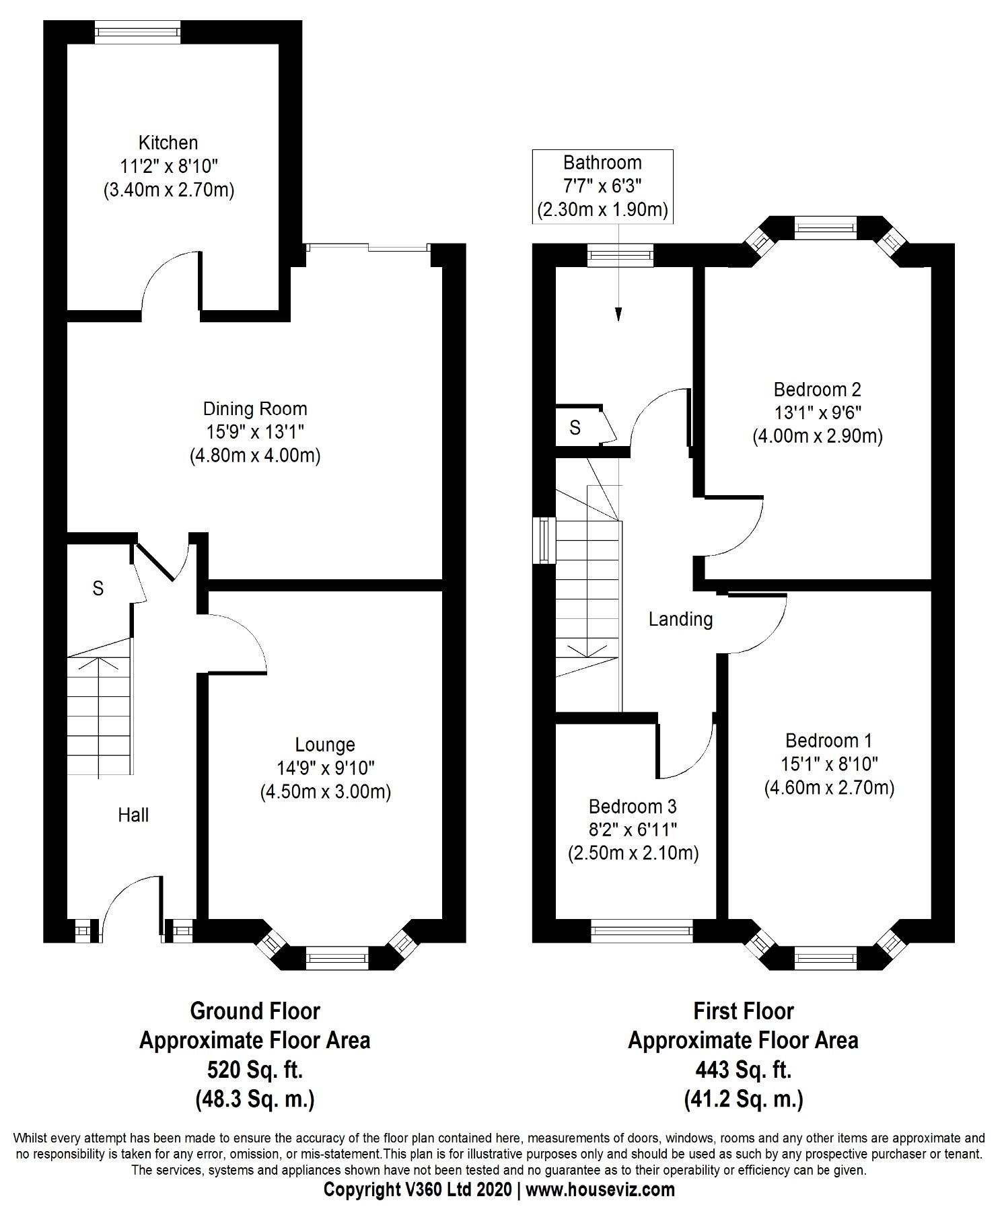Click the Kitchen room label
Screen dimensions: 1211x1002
168,143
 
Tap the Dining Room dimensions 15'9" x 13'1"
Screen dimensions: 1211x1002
254,433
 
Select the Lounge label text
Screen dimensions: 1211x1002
325,745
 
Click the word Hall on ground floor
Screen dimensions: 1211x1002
133,815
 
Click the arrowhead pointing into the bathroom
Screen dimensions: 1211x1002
618,314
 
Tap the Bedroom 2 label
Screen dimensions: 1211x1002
817,390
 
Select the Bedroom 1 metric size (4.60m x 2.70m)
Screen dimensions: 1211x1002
829,788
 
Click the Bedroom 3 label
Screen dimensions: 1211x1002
633,806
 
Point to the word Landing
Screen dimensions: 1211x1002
680,619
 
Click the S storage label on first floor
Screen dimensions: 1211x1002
575,428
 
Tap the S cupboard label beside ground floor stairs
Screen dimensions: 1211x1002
98,589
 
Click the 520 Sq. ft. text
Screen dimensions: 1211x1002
254,1069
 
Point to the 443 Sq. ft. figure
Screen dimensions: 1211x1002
744,1069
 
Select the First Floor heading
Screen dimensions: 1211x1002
744,1011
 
